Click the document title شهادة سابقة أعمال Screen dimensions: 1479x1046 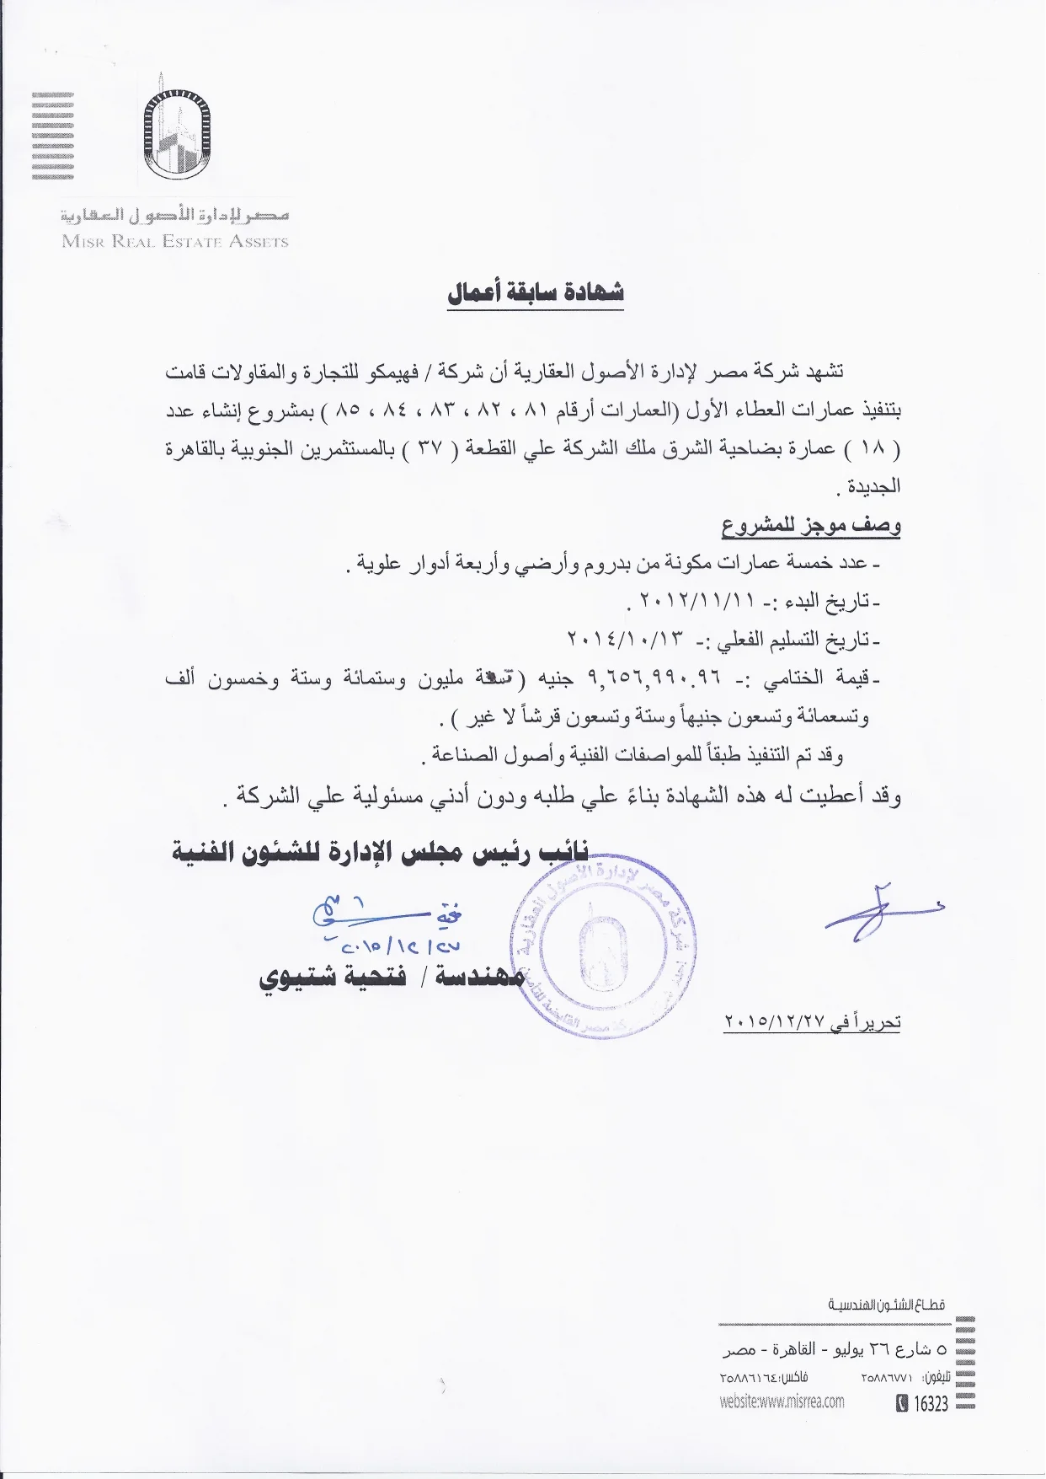(536, 292)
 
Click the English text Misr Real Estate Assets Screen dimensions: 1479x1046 (175, 242)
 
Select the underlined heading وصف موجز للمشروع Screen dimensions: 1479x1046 (810, 525)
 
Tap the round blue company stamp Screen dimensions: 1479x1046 (606, 937)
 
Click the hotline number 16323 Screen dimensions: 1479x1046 (931, 1404)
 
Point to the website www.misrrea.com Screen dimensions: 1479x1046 (782, 1402)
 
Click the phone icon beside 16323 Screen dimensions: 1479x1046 (902, 1404)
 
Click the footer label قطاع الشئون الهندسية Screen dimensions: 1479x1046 (886, 1305)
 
